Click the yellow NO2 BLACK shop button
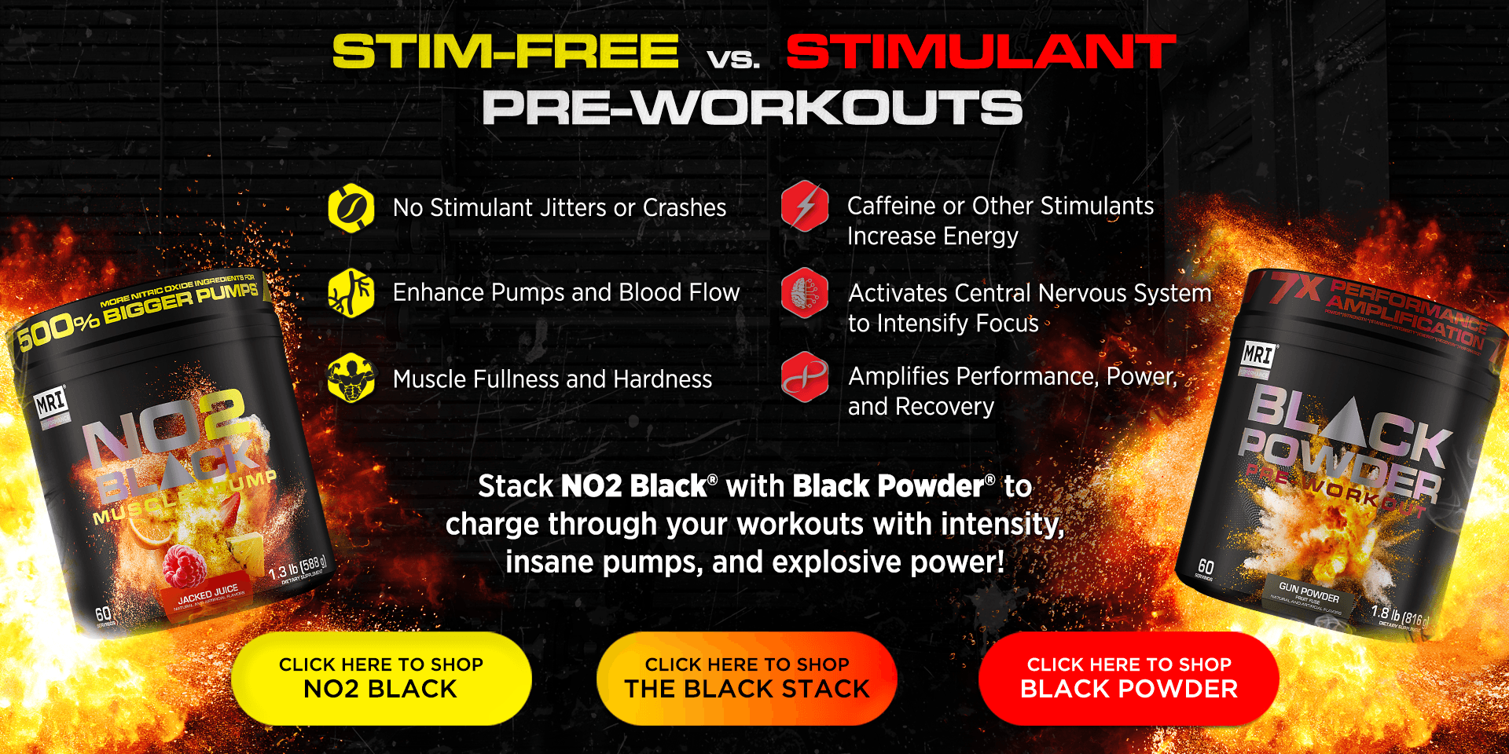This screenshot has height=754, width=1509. (x=381, y=678)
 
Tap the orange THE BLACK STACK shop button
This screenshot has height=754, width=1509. (x=747, y=678)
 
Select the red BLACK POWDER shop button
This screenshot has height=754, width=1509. (x=1129, y=678)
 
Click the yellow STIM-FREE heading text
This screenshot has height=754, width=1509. (x=505, y=52)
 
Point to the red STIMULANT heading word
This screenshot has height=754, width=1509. (x=980, y=52)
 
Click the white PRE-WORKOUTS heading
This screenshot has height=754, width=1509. (x=752, y=108)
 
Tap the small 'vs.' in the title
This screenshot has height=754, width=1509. (x=732, y=59)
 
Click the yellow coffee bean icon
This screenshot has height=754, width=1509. (x=351, y=208)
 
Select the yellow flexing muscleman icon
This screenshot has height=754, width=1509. (x=351, y=378)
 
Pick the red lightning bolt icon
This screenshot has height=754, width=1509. (x=805, y=207)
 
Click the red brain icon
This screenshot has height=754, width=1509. (x=805, y=293)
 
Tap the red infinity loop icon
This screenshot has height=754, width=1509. (x=805, y=377)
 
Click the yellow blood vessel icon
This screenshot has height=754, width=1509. (x=351, y=293)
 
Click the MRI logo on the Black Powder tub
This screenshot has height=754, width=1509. (x=1257, y=355)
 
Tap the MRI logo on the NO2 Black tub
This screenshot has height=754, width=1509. (x=51, y=404)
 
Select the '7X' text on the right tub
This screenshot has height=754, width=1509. (x=1297, y=289)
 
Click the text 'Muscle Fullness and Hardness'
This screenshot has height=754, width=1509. (x=552, y=379)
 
